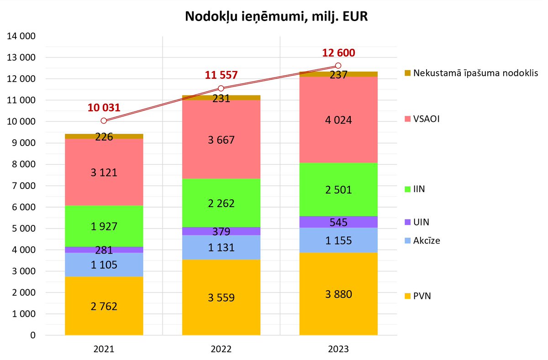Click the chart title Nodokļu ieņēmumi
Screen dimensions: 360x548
point(276,17)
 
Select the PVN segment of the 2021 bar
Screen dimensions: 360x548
point(104,306)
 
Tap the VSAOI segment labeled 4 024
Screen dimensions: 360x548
point(338,120)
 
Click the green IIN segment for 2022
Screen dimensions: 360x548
point(221,203)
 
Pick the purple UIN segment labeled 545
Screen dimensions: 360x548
point(338,222)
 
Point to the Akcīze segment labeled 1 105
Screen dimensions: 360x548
point(104,265)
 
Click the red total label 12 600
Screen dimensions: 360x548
point(338,52)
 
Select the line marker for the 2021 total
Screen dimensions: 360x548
point(104,120)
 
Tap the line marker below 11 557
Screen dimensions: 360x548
point(221,88)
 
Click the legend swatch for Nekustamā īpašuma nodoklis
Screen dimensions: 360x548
point(408,73)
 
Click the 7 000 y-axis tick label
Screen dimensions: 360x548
point(22,186)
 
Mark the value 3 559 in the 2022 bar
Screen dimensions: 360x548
point(221,298)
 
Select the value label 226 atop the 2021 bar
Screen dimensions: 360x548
point(104,136)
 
